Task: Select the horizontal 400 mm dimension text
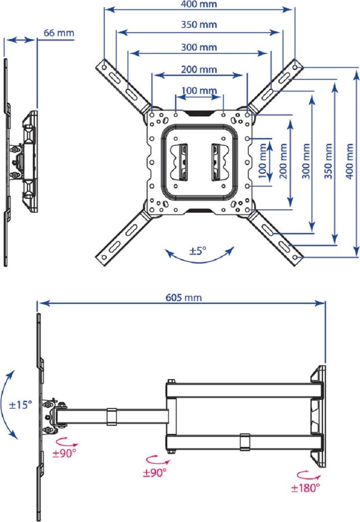(x=199, y=5)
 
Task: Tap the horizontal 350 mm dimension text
(x=199, y=25)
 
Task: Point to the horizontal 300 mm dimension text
(x=199, y=47)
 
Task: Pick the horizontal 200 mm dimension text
(x=199, y=69)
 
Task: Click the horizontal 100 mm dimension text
(x=199, y=90)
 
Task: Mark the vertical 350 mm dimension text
(x=328, y=158)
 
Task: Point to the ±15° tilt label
(x=21, y=405)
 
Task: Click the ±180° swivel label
(x=306, y=488)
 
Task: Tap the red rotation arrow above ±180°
(x=305, y=475)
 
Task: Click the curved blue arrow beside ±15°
(x=10, y=405)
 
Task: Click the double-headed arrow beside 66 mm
(x=20, y=40)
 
